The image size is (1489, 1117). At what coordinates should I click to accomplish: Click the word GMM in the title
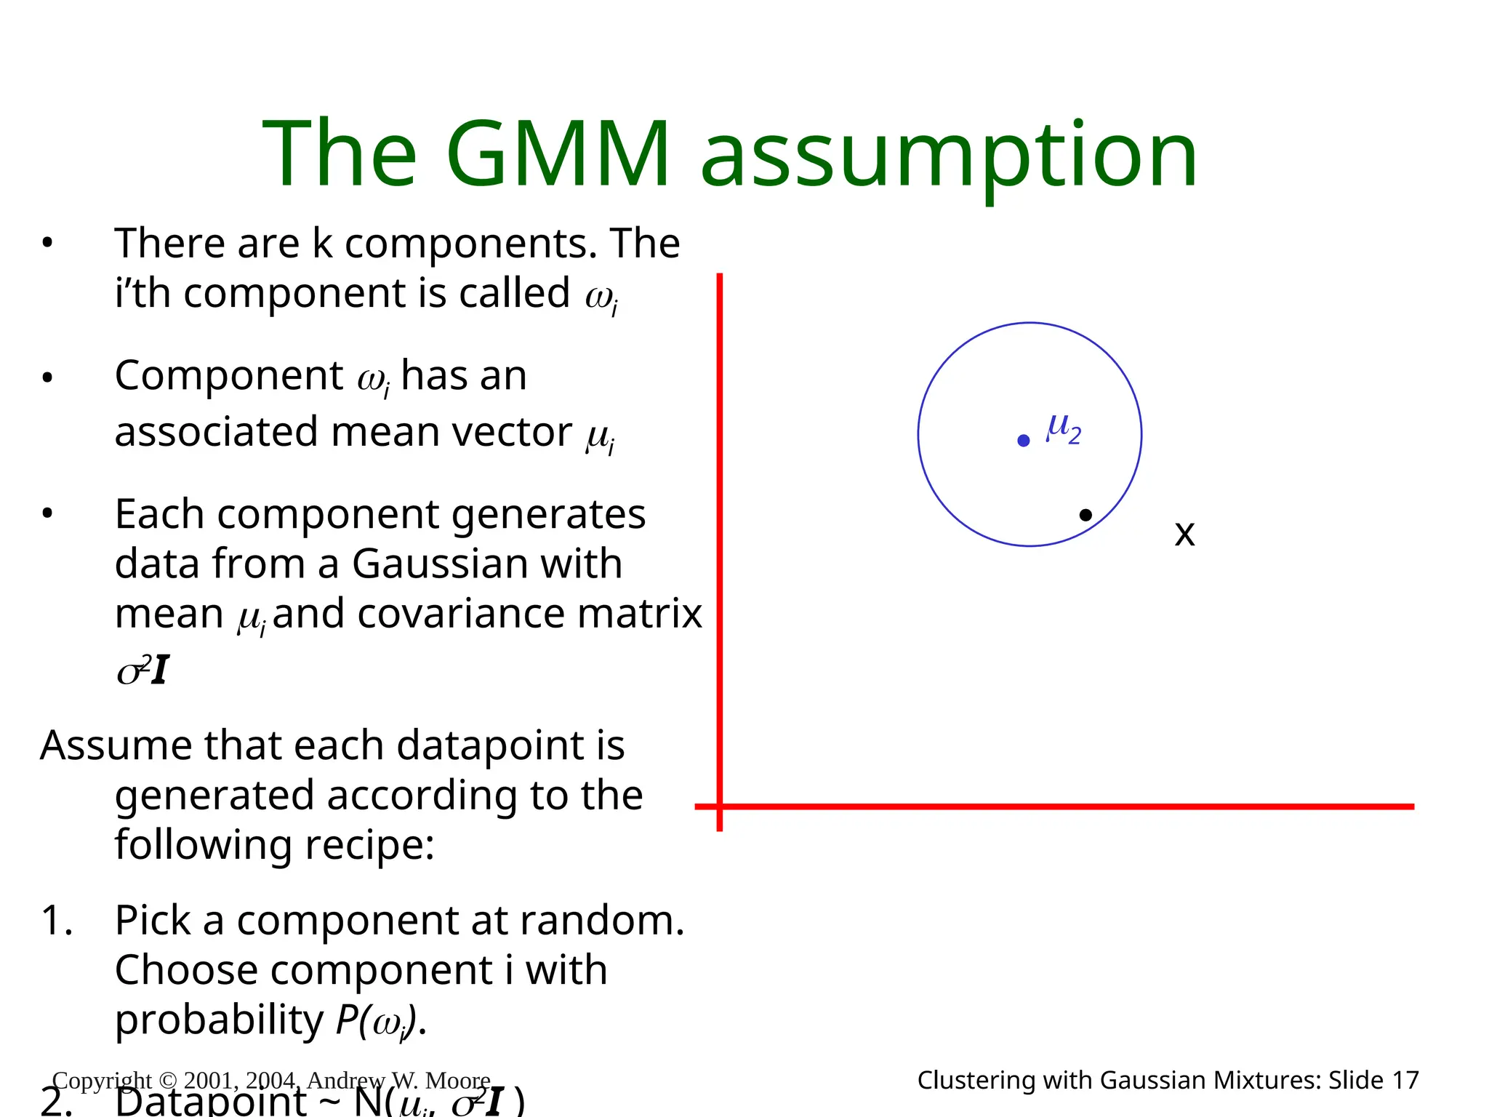(x=557, y=154)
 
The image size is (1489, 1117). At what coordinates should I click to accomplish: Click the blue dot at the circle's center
(x=1023, y=441)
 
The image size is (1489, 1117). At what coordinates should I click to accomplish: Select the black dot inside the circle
(x=1085, y=515)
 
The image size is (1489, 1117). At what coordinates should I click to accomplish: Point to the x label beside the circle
(x=1184, y=535)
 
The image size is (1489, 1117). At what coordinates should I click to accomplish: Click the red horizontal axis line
(x=1054, y=806)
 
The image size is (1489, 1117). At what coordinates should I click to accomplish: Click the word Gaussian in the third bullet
(x=487, y=564)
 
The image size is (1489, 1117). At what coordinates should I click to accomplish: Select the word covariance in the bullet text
(x=461, y=614)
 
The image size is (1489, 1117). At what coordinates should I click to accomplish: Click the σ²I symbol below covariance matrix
(x=143, y=670)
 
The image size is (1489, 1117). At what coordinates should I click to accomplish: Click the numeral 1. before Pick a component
(x=57, y=921)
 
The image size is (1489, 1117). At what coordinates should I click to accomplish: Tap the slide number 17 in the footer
(x=1405, y=1081)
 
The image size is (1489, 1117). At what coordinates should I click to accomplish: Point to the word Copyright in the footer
(x=102, y=1081)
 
